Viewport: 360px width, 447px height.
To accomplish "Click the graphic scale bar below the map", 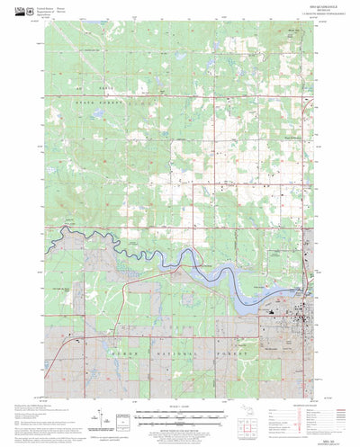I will click(x=180, y=416).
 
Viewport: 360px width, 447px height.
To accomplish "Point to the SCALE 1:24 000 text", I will click(x=180, y=410).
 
